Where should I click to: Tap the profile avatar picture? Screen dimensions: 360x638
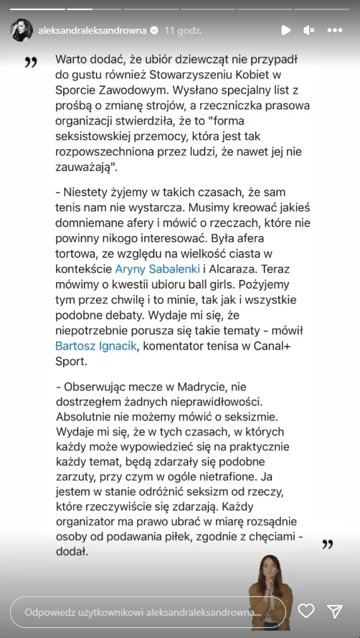click(x=21, y=30)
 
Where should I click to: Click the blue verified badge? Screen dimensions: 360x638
click(x=153, y=30)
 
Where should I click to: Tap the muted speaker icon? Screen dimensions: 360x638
click(x=309, y=30)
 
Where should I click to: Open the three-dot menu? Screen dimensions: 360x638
click(x=335, y=30)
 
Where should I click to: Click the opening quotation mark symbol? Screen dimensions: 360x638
click(x=30, y=62)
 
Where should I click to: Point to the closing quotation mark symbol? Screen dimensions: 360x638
click(x=327, y=544)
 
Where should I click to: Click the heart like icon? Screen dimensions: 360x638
click(x=306, y=611)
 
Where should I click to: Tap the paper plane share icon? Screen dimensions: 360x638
click(x=334, y=611)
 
